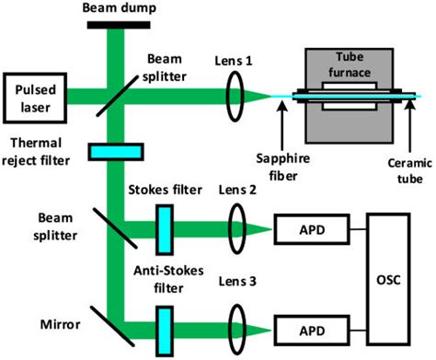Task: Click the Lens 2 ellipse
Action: (239, 226)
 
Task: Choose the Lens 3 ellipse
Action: (239, 327)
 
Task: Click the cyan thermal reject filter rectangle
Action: (116, 150)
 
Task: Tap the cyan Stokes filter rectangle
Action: (166, 226)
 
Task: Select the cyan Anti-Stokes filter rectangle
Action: (166, 327)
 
